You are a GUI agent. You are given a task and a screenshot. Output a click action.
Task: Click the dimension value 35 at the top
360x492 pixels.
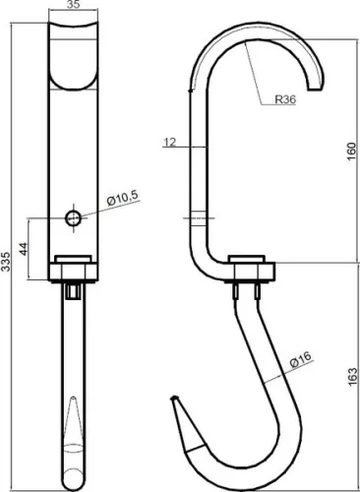pos(74,5)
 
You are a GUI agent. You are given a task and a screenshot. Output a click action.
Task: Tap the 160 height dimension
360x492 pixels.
pos(350,153)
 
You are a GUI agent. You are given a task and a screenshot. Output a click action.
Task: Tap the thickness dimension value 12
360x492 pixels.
pos(171,143)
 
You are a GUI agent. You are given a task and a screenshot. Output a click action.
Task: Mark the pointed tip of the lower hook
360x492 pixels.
pos(173,400)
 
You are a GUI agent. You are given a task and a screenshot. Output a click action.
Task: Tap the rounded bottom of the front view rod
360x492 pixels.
pos(74,481)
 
